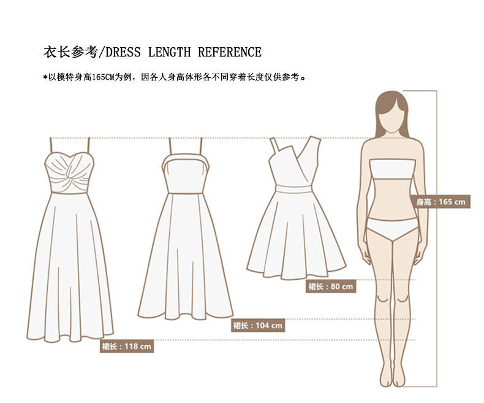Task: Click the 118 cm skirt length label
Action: click(127, 346)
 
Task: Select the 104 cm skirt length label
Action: click(257, 326)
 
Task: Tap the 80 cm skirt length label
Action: click(330, 286)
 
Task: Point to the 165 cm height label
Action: click(441, 202)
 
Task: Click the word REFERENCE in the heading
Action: click(230, 53)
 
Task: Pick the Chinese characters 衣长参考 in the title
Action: click(69, 53)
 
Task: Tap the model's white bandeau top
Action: click(392, 169)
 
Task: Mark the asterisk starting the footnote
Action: click(45, 77)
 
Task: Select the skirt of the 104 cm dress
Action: click(185, 258)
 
